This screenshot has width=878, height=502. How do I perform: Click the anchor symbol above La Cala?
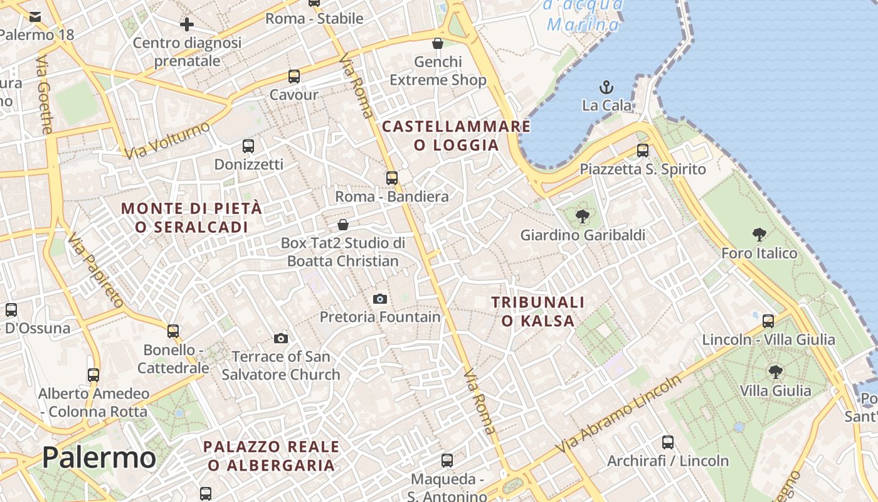click(606, 87)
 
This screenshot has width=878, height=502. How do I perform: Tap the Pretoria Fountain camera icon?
click(379, 299)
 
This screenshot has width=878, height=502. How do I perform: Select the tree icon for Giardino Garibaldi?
click(583, 217)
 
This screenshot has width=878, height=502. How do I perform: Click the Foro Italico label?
click(759, 254)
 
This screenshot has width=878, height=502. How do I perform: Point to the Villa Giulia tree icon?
click(776, 371)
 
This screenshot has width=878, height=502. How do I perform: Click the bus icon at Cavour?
click(294, 77)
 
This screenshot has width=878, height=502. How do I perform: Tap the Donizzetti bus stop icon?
click(248, 146)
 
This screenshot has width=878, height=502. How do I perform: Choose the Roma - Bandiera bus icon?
click(392, 178)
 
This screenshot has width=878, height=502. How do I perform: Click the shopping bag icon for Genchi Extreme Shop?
click(438, 43)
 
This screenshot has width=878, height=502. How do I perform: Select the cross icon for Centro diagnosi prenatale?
click(186, 24)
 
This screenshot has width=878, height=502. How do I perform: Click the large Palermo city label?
click(98, 457)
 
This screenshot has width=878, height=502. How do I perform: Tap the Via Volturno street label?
click(167, 141)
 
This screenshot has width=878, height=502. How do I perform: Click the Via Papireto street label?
click(95, 270)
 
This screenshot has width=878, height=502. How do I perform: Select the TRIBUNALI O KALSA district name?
click(538, 312)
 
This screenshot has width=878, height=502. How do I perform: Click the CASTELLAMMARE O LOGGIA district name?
click(456, 136)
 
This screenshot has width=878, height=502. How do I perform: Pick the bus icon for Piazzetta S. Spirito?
click(643, 151)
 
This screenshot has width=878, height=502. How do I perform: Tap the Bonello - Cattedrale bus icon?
click(173, 331)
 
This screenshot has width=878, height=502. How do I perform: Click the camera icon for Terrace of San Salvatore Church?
click(281, 339)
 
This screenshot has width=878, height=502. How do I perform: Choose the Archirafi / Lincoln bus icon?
click(668, 442)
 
